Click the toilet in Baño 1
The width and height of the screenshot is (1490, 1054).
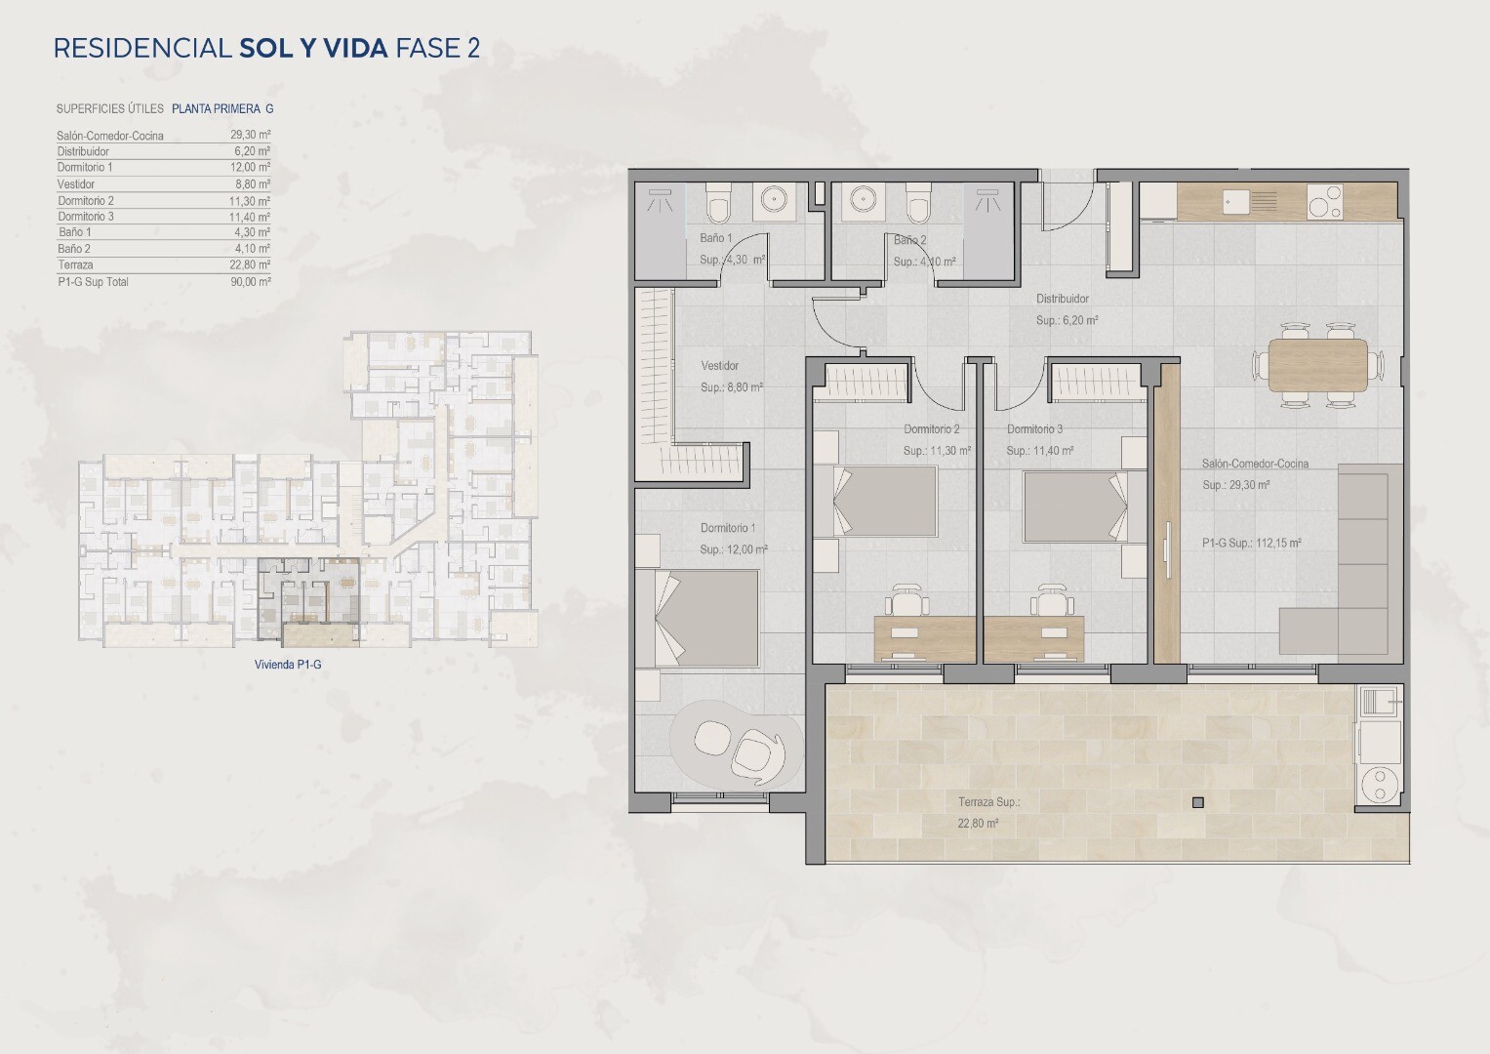point(718,203)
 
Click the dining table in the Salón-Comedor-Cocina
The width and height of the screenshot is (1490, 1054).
point(1317,365)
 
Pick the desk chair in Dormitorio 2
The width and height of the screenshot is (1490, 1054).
point(906,601)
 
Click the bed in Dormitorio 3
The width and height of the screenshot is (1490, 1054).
point(1075,507)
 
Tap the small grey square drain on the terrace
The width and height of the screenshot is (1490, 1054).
point(1198,802)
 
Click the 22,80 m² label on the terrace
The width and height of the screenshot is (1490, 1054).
point(978,823)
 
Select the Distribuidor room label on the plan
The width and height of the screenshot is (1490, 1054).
point(1063,299)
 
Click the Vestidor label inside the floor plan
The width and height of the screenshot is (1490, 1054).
point(720,365)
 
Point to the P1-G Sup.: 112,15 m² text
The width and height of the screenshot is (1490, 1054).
point(1251,543)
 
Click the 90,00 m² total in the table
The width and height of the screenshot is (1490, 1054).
point(251,281)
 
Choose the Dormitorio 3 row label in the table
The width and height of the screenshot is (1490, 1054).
point(86,217)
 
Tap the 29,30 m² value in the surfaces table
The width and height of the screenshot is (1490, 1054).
point(251,135)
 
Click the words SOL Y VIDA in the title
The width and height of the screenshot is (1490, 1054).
point(313,49)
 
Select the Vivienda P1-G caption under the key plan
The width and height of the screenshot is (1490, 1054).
point(288,664)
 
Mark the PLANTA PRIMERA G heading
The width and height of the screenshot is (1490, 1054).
point(222,108)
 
